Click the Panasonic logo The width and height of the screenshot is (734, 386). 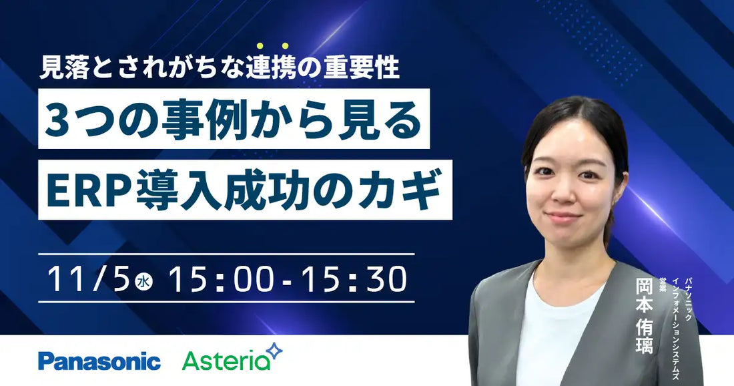[x=99, y=361]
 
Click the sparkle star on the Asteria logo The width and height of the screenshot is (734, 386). [x=274, y=351]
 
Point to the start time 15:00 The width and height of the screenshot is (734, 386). [x=220, y=278]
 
